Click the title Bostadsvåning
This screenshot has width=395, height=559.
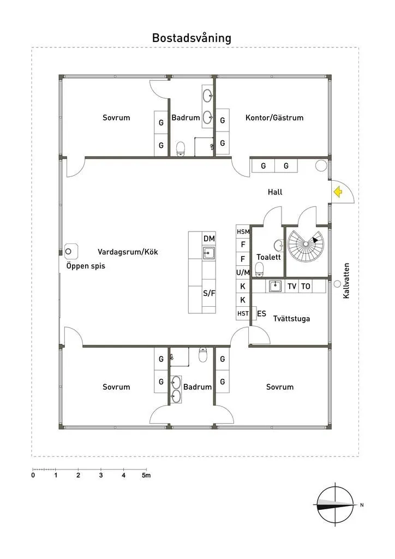(x=191, y=38)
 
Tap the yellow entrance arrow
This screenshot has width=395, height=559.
(x=337, y=192)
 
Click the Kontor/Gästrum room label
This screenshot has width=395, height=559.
(x=274, y=117)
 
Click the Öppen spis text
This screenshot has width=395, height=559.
(x=86, y=266)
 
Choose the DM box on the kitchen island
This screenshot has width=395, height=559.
(x=210, y=239)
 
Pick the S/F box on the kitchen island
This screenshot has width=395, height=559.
(x=210, y=293)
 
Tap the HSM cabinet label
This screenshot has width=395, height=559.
(x=243, y=231)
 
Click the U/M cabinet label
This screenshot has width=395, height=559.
(x=243, y=272)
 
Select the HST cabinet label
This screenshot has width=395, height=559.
(x=243, y=313)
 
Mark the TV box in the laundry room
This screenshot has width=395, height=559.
(x=292, y=286)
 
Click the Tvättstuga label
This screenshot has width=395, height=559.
(x=291, y=318)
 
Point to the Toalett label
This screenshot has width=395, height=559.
(x=268, y=257)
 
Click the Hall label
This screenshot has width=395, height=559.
(x=275, y=192)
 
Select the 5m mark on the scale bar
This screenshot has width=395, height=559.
(x=146, y=475)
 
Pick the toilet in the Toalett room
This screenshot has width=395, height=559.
(x=260, y=268)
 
